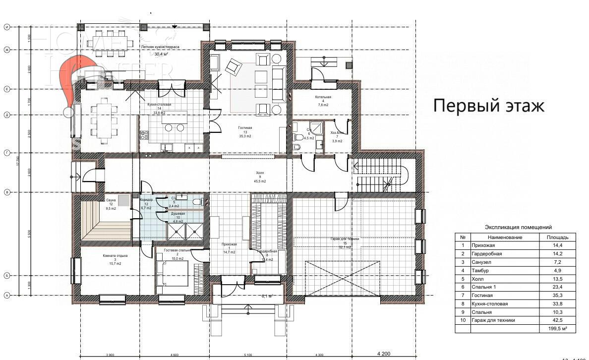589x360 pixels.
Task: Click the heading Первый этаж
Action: tap(489, 106)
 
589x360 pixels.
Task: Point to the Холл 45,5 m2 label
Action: tap(259, 177)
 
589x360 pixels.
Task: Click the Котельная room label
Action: tap(322, 98)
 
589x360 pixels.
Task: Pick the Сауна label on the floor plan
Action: tap(111, 200)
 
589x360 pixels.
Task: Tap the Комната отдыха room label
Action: tap(115, 256)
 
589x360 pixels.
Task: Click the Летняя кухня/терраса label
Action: tap(160, 47)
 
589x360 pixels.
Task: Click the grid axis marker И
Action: tap(7, 27)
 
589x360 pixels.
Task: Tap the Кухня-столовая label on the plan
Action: tap(159, 105)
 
